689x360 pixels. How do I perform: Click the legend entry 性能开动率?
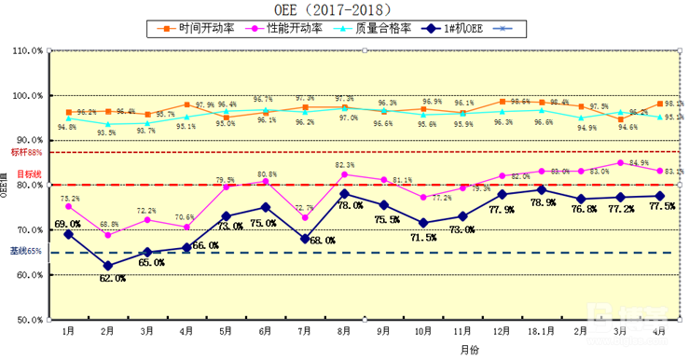(x=295, y=29)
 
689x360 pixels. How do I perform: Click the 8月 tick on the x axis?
(x=344, y=331)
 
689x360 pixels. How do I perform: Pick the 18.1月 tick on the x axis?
(x=541, y=331)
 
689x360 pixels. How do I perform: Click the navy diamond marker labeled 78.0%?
(x=344, y=194)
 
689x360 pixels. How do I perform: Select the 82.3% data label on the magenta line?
(x=345, y=165)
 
